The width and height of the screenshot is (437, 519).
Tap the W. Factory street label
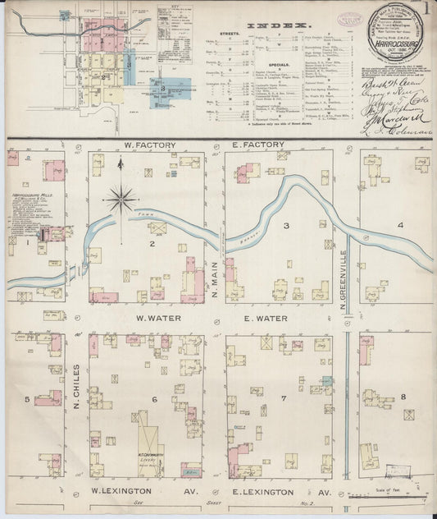(146, 145)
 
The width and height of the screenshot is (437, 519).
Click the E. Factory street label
(257, 145)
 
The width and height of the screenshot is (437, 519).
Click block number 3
(287, 223)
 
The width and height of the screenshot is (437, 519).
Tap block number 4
(400, 224)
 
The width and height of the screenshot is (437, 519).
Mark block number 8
(403, 397)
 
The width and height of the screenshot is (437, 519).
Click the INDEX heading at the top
(287, 26)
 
